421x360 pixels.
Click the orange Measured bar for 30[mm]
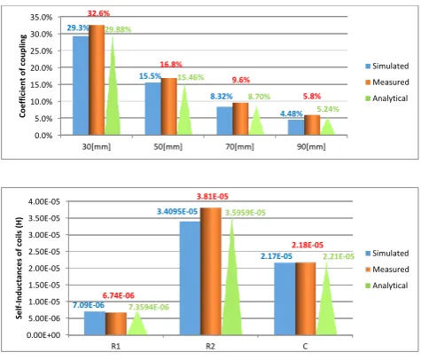point(97,80)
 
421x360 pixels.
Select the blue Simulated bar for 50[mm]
point(152,109)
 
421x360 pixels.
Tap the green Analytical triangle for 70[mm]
point(256,121)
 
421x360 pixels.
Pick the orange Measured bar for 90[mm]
point(312,125)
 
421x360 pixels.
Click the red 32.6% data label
point(98,13)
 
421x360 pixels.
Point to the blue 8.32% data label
point(222,97)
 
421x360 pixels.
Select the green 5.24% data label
point(328,109)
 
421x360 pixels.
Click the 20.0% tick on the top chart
point(42,68)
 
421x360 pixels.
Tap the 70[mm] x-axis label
point(239,146)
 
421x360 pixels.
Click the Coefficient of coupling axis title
point(23,76)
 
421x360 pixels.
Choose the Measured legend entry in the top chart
point(387,82)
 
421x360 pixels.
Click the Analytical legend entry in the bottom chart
point(386,286)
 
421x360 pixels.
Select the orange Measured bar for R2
point(211,271)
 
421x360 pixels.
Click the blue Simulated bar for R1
point(95,323)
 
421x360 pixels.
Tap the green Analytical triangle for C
point(326,299)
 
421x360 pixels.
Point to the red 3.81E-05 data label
point(213,197)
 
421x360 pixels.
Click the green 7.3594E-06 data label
point(149,307)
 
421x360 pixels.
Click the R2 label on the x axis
point(210,346)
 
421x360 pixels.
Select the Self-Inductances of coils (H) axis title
point(19,269)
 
